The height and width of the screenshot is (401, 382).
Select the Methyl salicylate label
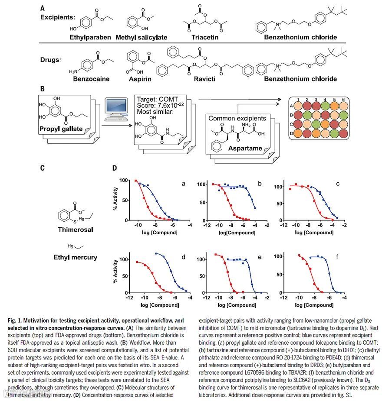pos(141,37)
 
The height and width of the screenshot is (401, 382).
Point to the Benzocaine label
pos(91,79)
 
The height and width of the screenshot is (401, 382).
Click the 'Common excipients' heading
pos(237,118)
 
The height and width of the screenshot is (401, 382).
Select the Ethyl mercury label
pos(75,257)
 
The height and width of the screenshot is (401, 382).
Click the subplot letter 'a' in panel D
pos(184,184)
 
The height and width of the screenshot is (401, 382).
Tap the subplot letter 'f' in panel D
pos(338,257)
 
